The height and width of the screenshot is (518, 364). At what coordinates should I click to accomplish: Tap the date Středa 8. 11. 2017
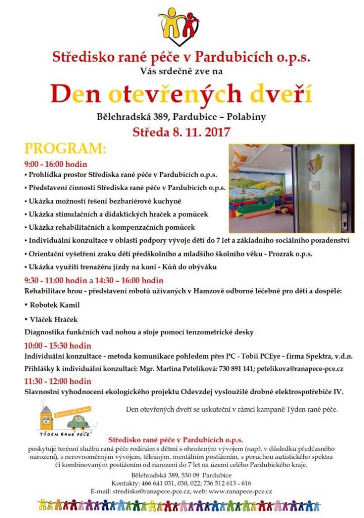[x=181, y=133]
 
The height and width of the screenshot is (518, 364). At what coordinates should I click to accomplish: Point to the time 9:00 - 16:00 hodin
[x=56, y=164]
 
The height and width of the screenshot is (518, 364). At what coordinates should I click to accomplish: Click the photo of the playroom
[x=291, y=188]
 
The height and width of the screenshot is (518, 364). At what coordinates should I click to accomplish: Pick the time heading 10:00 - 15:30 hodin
[x=58, y=346]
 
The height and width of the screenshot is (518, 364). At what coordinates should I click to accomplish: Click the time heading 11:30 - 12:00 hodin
[x=58, y=381]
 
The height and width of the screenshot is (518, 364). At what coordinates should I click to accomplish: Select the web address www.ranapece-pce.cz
[x=240, y=491]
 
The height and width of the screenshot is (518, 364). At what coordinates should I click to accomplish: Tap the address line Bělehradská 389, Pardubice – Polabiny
[x=181, y=117]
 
